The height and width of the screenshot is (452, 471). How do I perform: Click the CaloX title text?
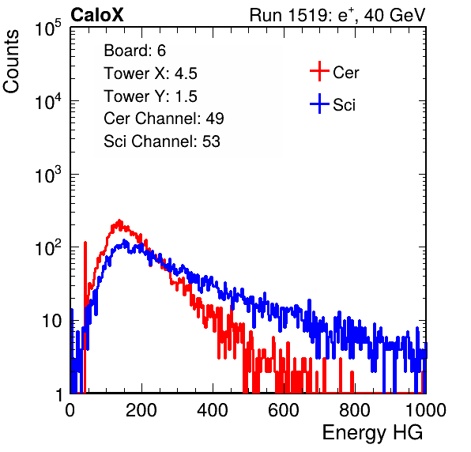click(x=97, y=15)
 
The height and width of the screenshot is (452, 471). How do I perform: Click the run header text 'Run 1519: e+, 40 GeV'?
click(x=337, y=15)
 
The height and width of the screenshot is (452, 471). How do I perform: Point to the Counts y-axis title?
click(x=11, y=61)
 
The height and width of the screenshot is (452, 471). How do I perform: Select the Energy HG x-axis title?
click(x=372, y=432)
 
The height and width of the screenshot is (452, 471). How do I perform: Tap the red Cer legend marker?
click(x=319, y=71)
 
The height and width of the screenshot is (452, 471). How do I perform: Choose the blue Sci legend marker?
click(x=319, y=104)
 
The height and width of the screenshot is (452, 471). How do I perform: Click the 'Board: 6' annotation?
click(x=134, y=51)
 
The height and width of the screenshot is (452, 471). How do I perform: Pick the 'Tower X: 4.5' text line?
click(x=150, y=73)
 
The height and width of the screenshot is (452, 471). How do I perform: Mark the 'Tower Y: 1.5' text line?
click(x=150, y=96)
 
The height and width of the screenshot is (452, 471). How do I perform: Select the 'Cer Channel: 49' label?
click(x=164, y=119)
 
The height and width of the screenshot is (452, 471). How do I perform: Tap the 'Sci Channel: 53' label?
click(x=162, y=141)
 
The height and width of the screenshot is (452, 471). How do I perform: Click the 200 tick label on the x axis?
click(x=141, y=410)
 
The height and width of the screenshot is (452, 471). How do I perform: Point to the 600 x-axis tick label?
click(x=284, y=410)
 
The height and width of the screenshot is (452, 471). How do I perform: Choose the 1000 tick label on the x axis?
click(x=426, y=410)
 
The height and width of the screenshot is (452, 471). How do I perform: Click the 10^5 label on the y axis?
click(x=48, y=28)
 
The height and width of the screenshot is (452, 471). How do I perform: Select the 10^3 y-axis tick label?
click(x=48, y=175)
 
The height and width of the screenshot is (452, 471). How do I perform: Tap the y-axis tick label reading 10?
click(x=51, y=322)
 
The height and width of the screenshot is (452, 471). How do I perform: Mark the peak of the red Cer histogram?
click(x=119, y=221)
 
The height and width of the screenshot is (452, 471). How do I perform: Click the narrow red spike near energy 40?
click(x=85, y=300)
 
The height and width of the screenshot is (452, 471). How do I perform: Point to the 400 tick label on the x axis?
click(x=213, y=410)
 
